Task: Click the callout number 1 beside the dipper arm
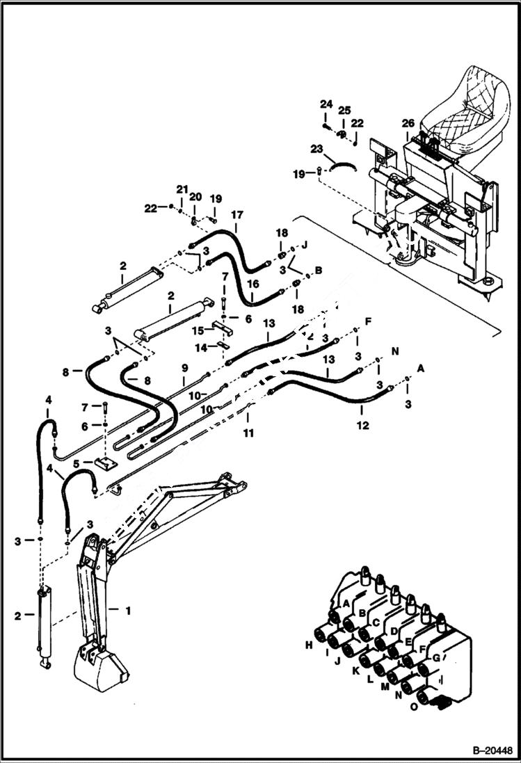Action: pos(127,611)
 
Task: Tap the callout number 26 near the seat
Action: pos(408,124)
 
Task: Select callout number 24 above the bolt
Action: pos(326,104)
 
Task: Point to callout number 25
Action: pos(344,111)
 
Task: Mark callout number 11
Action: pos(248,433)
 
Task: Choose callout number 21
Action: pos(182,189)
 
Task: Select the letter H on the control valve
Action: pos(308,646)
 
